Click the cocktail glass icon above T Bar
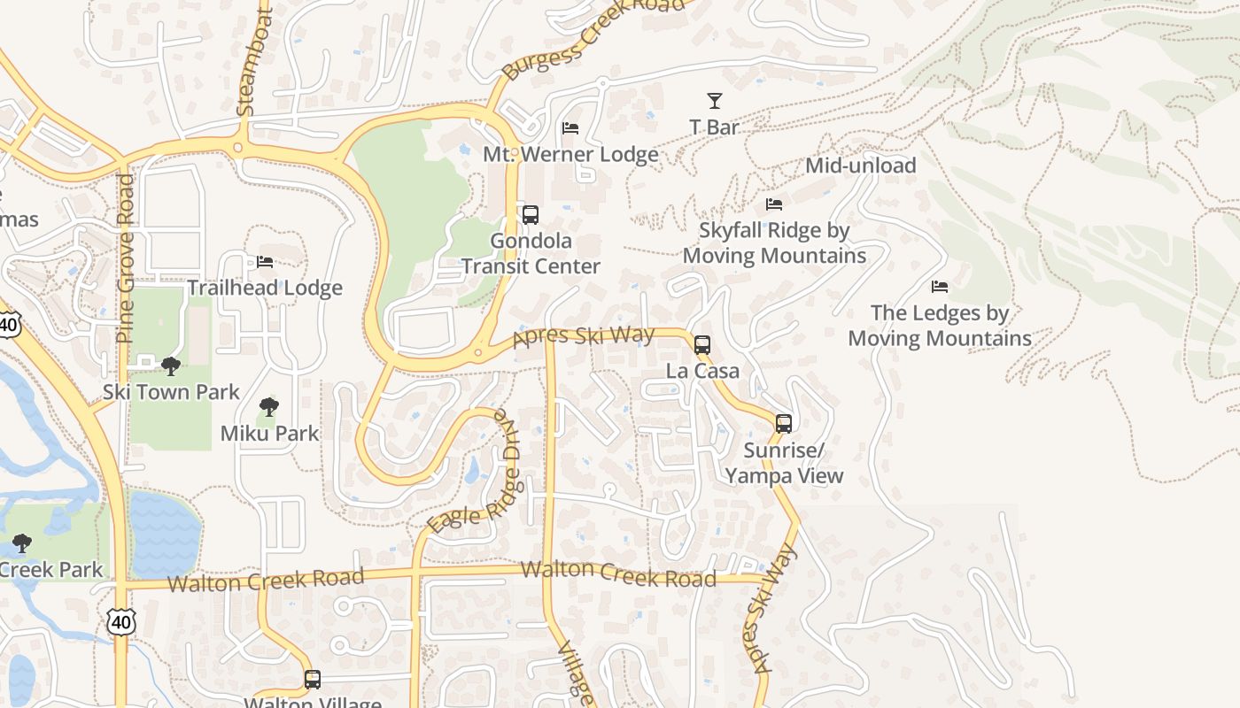coord(714,101)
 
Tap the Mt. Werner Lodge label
coord(570,154)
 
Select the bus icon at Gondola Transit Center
coord(531,215)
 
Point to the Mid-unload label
coord(860,165)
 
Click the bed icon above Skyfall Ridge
coord(774,204)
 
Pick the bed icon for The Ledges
coord(940,287)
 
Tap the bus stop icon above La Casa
coord(702,345)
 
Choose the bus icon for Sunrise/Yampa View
coord(784,424)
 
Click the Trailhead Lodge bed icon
coord(265,262)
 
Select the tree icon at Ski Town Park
coord(171,366)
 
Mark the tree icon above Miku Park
coord(269,407)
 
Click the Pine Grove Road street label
coord(125,258)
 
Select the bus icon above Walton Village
coord(312,680)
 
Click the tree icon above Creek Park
coord(22,543)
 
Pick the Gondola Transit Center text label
coord(531,253)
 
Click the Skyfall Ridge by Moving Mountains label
coord(774,242)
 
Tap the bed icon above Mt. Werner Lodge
coord(570,129)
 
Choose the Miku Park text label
coord(269,434)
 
